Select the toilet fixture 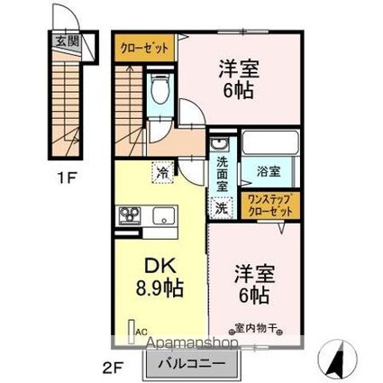click(160, 89)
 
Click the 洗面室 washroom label click(222, 171)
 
